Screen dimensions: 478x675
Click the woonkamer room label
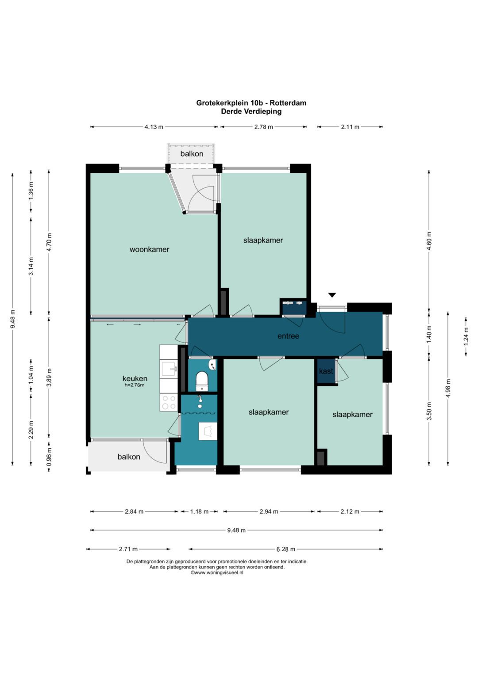(x=150, y=249)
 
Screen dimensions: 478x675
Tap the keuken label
(x=135, y=378)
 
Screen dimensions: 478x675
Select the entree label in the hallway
(x=288, y=336)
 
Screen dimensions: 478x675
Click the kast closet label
(x=326, y=371)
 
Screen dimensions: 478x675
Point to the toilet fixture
(x=202, y=381)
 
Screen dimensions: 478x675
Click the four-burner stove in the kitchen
(x=169, y=402)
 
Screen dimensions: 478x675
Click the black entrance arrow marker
(x=332, y=295)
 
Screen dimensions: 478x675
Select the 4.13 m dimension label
(x=154, y=127)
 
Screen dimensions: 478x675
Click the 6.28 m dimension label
(x=285, y=549)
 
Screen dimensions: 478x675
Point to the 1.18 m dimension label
(x=199, y=511)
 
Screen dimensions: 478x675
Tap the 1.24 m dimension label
(x=466, y=336)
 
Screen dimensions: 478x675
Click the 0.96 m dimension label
(x=49, y=457)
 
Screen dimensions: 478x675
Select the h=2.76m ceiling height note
(x=134, y=385)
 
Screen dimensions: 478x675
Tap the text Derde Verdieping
(x=251, y=111)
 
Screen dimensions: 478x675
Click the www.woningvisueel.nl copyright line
(x=217, y=572)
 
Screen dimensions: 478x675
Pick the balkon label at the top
(x=192, y=154)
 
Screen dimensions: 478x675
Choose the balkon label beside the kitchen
(x=129, y=457)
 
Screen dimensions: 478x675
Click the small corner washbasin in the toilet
(x=213, y=365)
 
